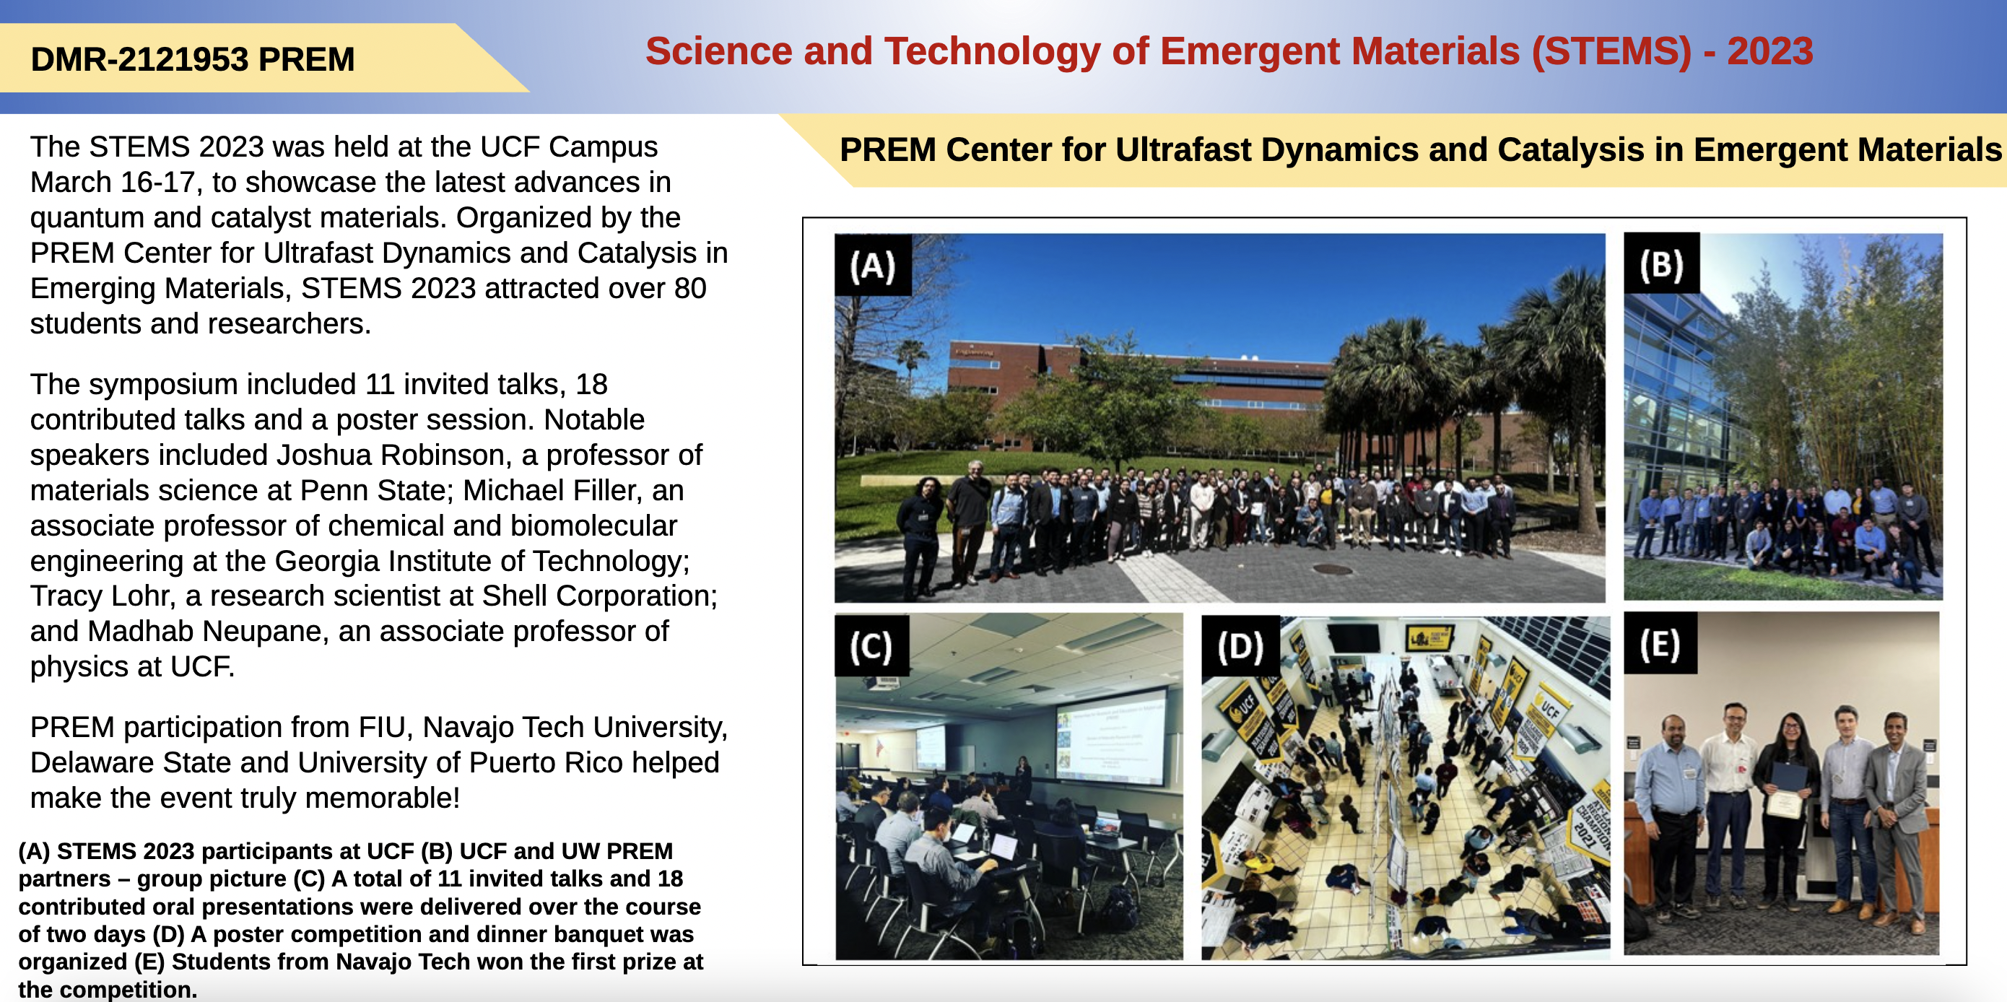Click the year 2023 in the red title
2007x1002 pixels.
point(1770,51)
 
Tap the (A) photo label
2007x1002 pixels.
point(873,266)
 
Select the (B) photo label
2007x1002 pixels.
point(1662,264)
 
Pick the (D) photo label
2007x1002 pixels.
point(1240,646)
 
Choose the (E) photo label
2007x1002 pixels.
point(1660,644)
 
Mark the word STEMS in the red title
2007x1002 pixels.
point(1611,51)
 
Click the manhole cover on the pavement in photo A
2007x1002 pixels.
point(1331,570)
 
